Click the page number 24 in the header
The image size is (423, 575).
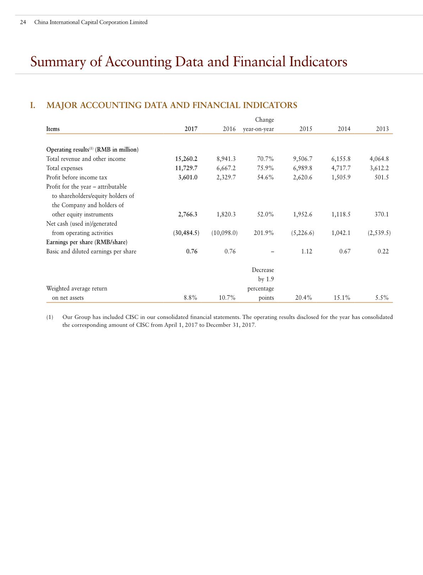[23, 22]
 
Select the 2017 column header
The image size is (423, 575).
[191, 129]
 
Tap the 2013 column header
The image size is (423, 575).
[382, 129]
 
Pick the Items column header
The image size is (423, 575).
[53, 129]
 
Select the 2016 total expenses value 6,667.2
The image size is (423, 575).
[226, 168]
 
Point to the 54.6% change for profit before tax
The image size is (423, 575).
[265, 177]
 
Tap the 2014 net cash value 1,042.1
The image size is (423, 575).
[341, 233]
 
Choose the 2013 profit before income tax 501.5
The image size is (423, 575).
[381, 177]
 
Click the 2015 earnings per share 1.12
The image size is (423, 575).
[306, 251]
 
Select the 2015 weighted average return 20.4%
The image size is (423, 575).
[303, 298]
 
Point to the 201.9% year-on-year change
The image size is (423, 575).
[264, 233]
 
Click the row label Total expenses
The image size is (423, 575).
[64, 168]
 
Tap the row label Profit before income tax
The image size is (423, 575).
[76, 177]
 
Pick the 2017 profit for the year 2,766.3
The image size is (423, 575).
[187, 214]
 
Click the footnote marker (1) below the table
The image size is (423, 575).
[50, 317]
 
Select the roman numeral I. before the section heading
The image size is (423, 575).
[33, 105]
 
